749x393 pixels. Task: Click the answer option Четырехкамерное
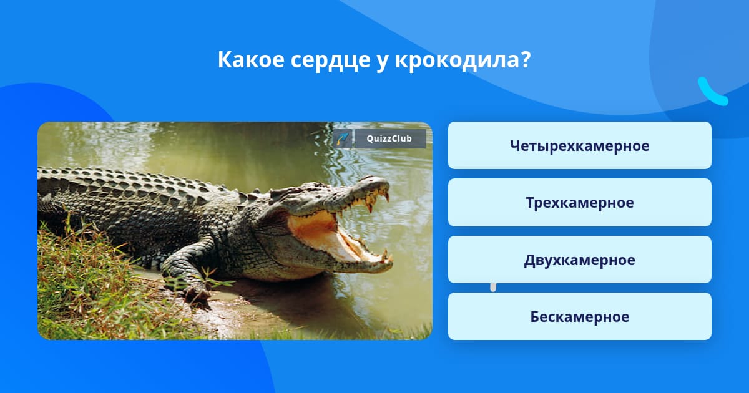pos(579,145)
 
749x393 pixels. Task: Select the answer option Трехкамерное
pos(579,203)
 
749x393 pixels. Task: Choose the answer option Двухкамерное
pos(579,260)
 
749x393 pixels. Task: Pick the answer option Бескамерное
pos(579,316)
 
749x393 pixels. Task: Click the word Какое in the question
pos(251,59)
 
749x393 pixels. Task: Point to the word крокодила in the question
pos(456,60)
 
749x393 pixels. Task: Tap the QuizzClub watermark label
pos(390,138)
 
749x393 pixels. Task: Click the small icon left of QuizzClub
pos(343,138)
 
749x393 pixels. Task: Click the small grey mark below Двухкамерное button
pos(493,288)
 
